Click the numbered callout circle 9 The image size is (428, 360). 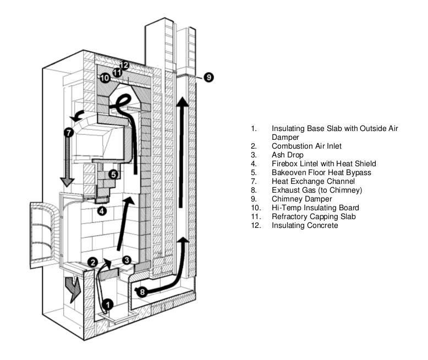pos(208,77)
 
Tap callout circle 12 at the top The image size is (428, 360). pos(124,66)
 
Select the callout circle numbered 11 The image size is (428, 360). pos(117,72)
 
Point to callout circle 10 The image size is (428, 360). pos(105,78)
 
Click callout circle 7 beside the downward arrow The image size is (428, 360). pos(68,132)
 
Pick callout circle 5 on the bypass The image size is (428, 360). pos(113,174)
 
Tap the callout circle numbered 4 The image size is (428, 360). pos(102,210)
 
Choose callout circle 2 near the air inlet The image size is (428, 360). pos(94,262)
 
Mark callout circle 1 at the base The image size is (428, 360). pos(108,302)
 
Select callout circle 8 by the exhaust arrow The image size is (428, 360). pos(142,292)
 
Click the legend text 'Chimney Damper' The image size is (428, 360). pos(301,199)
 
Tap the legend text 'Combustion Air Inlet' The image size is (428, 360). pos(306,146)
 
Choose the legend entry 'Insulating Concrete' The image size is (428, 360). pos(305,225)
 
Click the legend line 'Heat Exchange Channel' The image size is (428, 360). pos(313,181)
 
